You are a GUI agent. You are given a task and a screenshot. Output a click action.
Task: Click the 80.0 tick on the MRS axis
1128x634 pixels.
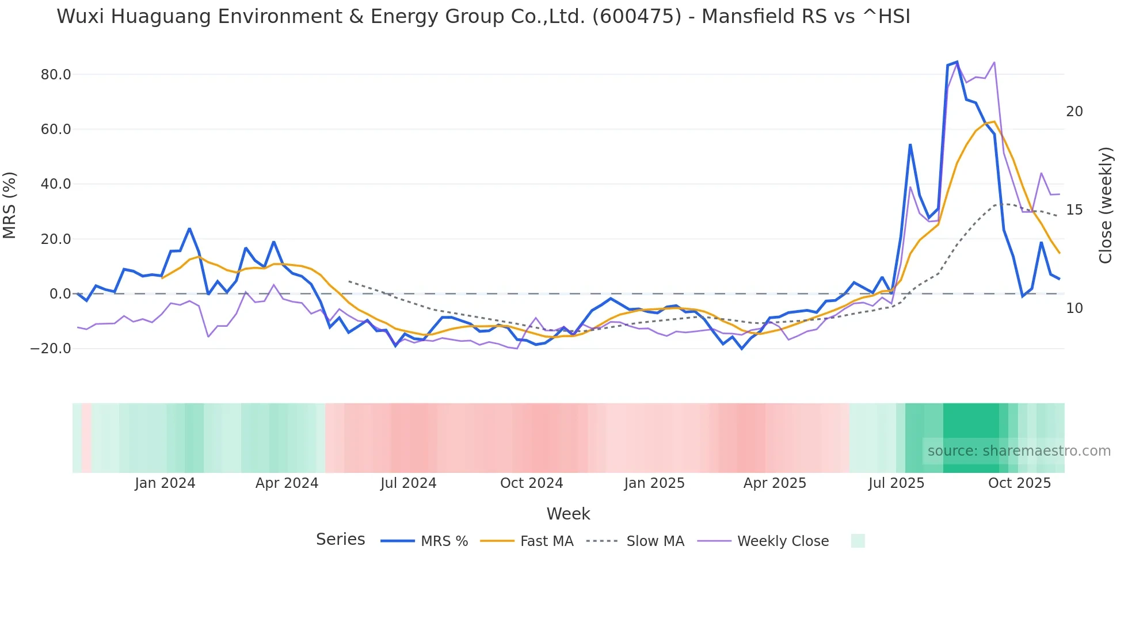coord(56,75)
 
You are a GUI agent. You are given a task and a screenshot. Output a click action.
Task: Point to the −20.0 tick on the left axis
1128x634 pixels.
coord(51,349)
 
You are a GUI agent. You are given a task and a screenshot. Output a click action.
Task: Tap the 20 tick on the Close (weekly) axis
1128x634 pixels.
coord(1074,112)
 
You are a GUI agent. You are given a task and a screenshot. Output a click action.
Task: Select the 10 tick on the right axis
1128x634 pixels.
coord(1074,308)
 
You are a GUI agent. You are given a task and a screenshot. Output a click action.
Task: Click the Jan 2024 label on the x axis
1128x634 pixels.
coord(165,483)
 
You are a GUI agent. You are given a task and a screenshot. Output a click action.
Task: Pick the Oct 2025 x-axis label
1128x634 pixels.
coord(1019,483)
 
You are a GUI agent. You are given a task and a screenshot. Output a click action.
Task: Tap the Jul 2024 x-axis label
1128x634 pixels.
coord(408,483)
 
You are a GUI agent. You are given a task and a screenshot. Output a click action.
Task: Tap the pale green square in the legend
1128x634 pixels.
coord(858,541)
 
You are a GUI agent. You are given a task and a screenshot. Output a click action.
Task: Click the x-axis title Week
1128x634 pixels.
coord(568,514)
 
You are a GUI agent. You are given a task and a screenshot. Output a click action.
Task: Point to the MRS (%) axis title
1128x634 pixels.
coord(10,205)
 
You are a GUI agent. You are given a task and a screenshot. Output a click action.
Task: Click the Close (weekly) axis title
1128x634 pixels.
coord(1105,205)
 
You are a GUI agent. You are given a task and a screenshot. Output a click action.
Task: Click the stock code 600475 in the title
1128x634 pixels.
coord(637,17)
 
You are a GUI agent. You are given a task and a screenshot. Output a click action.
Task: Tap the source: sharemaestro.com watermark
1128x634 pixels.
coord(1019,451)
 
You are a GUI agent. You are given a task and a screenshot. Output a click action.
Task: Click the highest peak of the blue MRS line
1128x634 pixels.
coord(956,62)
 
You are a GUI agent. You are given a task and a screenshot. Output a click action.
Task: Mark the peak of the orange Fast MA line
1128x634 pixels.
coord(994,121)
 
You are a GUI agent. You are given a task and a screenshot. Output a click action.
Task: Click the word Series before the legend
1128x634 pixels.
coord(340,540)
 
